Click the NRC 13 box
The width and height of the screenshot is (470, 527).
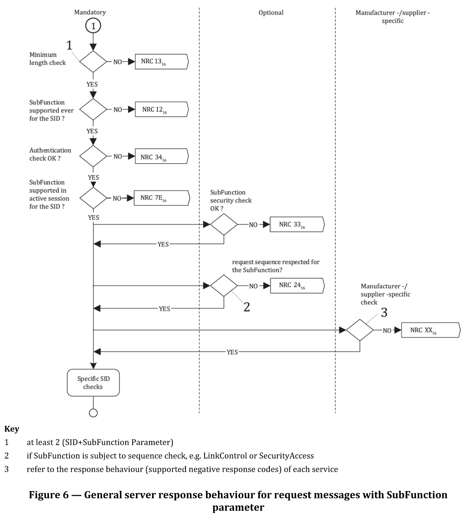point(162,62)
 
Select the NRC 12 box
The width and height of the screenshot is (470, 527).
point(162,109)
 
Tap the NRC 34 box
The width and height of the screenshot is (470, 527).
point(162,156)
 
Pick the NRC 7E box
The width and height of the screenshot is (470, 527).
point(162,198)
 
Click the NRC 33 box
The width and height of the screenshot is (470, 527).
point(297,224)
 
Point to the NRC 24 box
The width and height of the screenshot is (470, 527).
point(298,286)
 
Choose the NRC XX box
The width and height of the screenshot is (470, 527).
point(431,330)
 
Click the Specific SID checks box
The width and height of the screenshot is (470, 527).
point(93,383)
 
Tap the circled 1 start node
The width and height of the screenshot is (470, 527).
point(93,26)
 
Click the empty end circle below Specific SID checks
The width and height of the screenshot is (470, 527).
point(93,413)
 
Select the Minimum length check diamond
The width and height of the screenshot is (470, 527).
point(93,62)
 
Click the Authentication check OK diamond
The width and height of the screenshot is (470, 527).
point(93,156)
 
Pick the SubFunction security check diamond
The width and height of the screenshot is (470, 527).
point(224,224)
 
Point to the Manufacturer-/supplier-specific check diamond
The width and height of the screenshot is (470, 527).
point(360,330)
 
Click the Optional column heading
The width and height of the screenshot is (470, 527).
point(271,12)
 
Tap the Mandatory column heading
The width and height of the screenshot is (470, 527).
point(90,12)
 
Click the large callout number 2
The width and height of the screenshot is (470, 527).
point(247,307)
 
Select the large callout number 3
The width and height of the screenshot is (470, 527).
point(384,313)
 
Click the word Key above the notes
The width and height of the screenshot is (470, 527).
point(12,429)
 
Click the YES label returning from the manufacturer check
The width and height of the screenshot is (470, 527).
point(232,352)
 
